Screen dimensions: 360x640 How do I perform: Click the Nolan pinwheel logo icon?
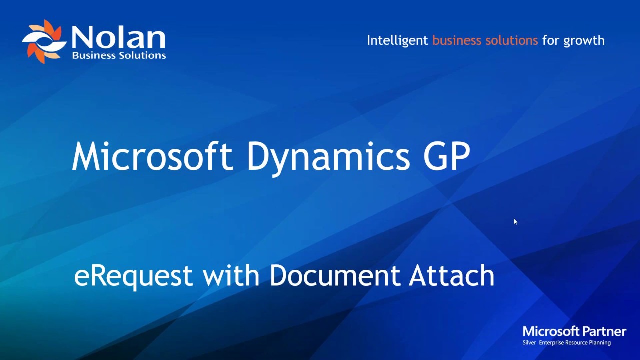click(x=44, y=42)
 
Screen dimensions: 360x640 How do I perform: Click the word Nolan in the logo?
click(x=118, y=38)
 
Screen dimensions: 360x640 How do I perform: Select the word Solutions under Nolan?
click(x=142, y=55)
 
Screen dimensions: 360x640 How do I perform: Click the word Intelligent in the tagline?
click(x=397, y=40)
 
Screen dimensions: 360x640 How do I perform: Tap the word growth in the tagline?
click(x=584, y=41)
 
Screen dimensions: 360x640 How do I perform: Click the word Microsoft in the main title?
click(x=152, y=156)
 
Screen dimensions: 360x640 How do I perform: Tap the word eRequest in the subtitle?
click(x=133, y=276)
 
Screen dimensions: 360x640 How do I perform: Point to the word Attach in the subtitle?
click(x=452, y=275)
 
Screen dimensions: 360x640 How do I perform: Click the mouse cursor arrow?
click(x=515, y=222)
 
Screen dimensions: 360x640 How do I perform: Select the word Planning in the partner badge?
click(x=599, y=343)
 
